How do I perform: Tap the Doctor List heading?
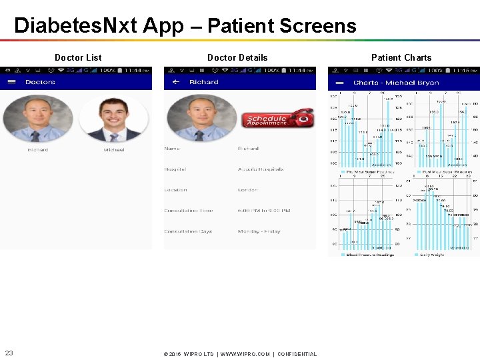[x=78, y=57]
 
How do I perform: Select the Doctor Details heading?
[x=237, y=57]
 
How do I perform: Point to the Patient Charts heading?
[x=401, y=57]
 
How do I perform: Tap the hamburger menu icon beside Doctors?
[x=11, y=82]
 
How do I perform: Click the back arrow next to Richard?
[x=175, y=82]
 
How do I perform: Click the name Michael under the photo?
[x=114, y=150]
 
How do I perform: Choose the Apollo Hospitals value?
[x=261, y=169]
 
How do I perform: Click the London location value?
[x=247, y=190]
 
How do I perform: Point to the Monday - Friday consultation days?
[x=259, y=231]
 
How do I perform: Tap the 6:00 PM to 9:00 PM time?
[x=264, y=211]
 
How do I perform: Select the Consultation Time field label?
[x=189, y=211]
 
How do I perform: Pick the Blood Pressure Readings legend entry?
[x=369, y=254]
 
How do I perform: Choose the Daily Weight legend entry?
[x=433, y=254]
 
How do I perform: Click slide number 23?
[x=9, y=353]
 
